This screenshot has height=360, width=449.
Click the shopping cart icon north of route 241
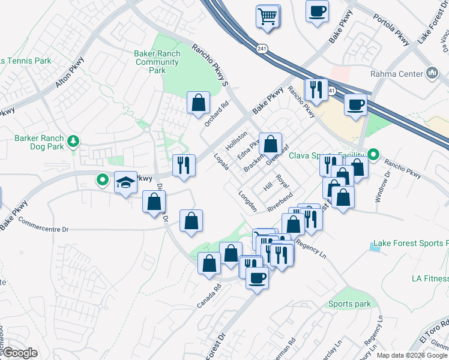point(268,16)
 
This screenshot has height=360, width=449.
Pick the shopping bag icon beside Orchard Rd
point(198,103)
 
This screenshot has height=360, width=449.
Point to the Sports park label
point(349,304)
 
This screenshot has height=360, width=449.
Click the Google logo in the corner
point(20,353)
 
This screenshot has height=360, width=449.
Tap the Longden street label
point(248,202)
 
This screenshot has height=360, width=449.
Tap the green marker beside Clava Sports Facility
point(373,155)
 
